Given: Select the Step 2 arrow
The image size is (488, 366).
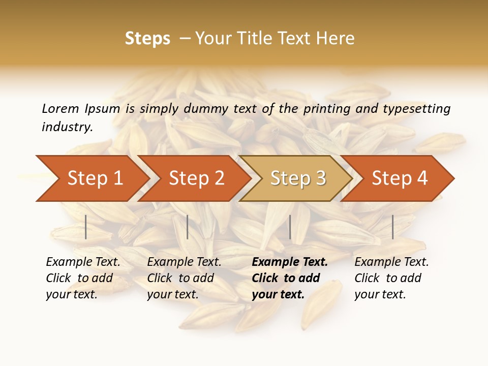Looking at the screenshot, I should coord(196,178).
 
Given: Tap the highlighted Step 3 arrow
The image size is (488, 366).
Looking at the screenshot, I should coord(298,178).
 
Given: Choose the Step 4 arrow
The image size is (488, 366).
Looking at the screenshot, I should coord(400,178).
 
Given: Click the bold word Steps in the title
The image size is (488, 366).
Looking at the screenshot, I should coord(147,39).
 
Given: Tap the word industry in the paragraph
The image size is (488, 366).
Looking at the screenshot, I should coord(67,127).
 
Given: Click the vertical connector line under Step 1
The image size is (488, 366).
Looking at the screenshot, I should coord(86,227).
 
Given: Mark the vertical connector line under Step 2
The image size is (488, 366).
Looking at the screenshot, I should coord(188,227).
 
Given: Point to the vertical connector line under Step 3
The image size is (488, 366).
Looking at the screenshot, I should coord(290,227).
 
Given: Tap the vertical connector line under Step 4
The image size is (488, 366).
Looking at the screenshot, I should coord(392,227).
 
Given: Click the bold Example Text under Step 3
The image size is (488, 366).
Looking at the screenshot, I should coord(290,262).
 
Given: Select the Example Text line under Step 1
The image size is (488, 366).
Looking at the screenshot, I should coord(83,262).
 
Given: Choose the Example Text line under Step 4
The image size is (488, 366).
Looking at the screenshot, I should coord(391,262).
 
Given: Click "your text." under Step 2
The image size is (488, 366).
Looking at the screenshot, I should coord(172,294).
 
